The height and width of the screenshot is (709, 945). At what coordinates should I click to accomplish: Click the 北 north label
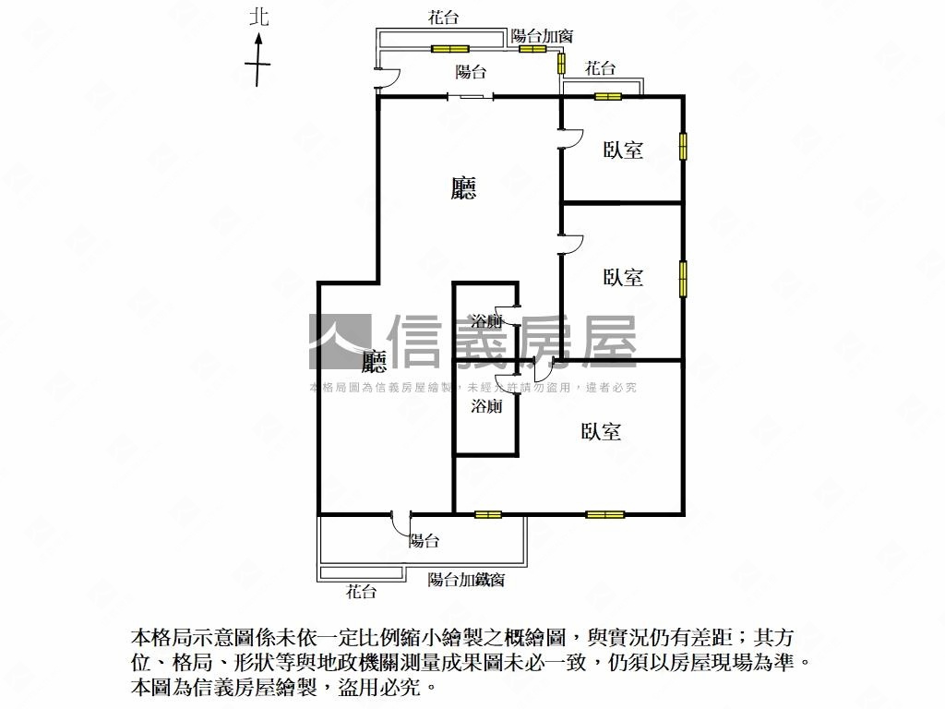259,17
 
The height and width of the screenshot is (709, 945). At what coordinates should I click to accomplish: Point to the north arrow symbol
258,60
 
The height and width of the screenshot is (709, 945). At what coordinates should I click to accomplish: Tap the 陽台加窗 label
542,36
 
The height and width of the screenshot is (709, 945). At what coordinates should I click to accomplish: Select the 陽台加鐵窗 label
466,580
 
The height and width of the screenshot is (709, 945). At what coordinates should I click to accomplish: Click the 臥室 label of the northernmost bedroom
623,150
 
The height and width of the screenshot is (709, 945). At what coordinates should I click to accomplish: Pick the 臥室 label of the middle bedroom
623,277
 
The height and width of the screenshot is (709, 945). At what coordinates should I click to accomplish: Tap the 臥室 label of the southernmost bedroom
601,431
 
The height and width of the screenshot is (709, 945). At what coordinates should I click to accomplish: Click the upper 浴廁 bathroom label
486,320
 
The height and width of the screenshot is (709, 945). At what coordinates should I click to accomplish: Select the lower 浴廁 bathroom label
486,406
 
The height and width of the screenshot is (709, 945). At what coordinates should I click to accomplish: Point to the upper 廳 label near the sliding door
463,187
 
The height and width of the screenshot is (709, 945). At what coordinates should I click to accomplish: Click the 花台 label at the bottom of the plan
361,592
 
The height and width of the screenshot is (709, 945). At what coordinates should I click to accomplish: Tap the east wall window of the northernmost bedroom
683,147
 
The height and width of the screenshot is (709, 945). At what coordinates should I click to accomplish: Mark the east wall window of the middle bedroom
683,279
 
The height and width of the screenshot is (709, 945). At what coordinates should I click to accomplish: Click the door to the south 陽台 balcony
401,524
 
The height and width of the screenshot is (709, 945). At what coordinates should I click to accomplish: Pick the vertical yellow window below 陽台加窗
561,64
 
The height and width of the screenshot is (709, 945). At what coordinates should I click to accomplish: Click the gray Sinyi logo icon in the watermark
340,342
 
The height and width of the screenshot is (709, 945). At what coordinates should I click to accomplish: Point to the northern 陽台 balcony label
471,72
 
